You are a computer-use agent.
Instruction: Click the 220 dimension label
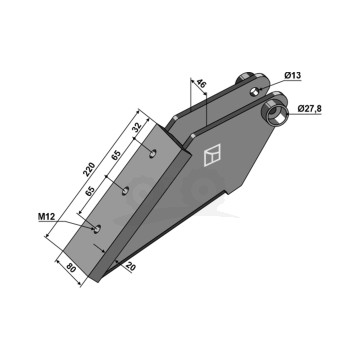(x=89, y=169)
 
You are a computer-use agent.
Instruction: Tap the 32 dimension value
(x=137, y=127)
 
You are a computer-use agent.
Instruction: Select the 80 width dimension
(x=71, y=269)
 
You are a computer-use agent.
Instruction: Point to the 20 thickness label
(x=131, y=267)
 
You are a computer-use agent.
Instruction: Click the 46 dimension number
(x=201, y=83)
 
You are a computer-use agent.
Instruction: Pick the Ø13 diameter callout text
(x=292, y=76)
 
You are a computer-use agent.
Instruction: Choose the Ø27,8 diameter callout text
(x=309, y=109)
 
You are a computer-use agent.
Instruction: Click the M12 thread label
(x=46, y=217)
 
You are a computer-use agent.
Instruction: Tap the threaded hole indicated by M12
(x=97, y=229)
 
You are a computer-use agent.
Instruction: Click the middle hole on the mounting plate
(x=125, y=191)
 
